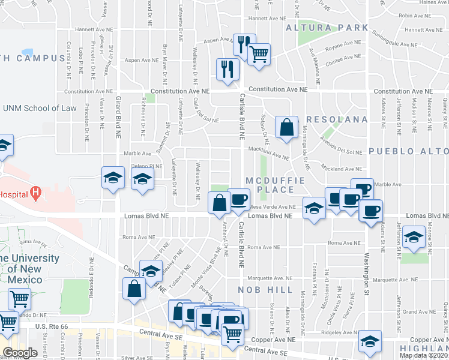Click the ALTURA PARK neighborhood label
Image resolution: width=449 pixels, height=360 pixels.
pos(327,28)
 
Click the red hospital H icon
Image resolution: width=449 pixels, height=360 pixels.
pos(36,193)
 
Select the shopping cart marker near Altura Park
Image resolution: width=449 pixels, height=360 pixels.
pos(259,55)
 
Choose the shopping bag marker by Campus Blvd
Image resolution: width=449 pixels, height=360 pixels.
pos(133,289)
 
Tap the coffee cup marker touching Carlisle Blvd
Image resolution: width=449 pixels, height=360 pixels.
pos(238,199)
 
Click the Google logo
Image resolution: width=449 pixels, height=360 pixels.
pos(20,352)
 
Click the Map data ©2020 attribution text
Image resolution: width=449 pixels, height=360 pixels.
pos(424,355)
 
